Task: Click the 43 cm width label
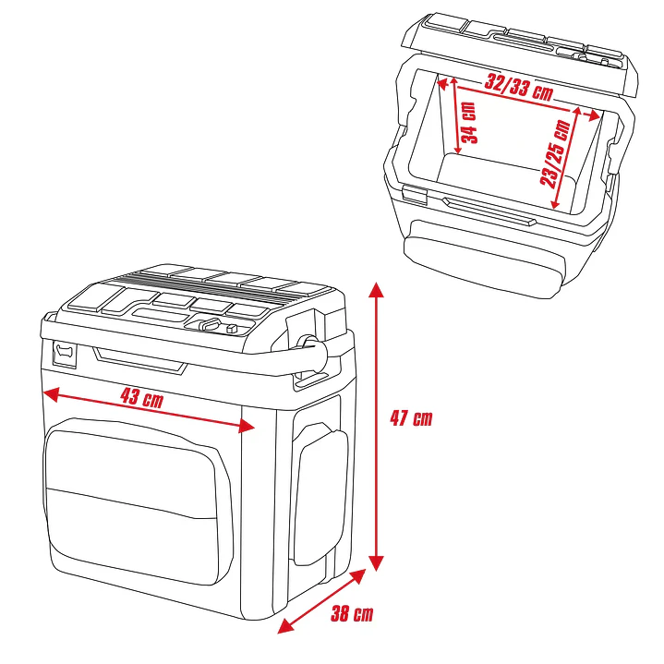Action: (x=142, y=399)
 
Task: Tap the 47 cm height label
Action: (x=410, y=417)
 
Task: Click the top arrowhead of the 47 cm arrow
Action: (x=375, y=288)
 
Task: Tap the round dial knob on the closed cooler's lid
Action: (x=210, y=325)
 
